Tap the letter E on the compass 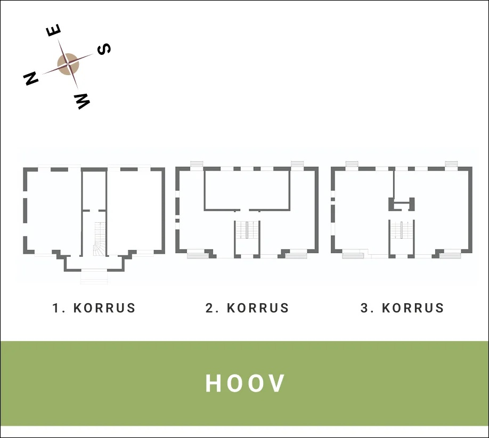[54, 30]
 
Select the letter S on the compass [103, 49]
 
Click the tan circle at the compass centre [68, 64]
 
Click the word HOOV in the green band [245, 383]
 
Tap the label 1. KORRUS [94, 308]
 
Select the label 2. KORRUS [247, 308]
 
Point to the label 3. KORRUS [402, 308]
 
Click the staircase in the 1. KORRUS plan [100, 239]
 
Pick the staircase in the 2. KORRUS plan [247, 230]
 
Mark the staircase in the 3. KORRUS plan [402, 230]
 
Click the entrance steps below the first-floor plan [94, 277]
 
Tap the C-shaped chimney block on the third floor [401, 204]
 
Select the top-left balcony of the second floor [197, 164]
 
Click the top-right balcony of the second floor [297, 164]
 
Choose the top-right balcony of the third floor [451, 164]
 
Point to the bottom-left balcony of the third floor [353, 256]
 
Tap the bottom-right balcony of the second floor [296, 256]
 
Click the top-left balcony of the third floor [352, 164]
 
